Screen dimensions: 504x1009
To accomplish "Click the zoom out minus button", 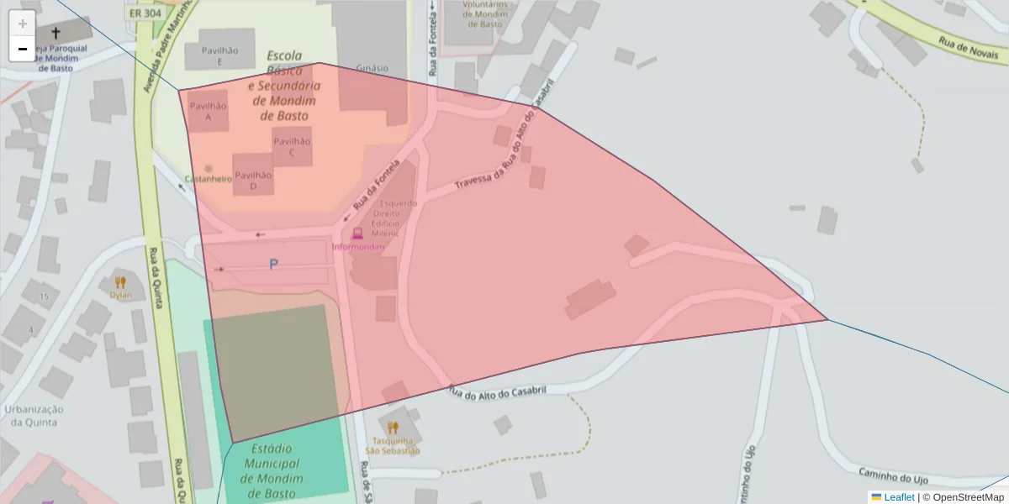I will click(23, 49).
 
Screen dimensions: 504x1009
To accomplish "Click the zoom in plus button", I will click(23, 23).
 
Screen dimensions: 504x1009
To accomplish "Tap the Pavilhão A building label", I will click(208, 112).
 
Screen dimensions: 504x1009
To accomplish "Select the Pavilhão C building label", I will click(292, 147).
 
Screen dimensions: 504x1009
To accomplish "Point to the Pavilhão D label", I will click(253, 181).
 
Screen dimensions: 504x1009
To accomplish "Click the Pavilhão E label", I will click(219, 56).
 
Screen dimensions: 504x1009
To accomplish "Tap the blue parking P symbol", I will click(273, 265).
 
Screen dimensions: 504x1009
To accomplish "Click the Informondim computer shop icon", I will click(357, 234).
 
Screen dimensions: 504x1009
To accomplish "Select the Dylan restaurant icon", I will click(120, 282).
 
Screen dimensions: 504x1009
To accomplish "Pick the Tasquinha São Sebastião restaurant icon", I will click(393, 428).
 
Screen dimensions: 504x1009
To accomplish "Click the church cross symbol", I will click(56, 33).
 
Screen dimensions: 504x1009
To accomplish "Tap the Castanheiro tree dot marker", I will click(209, 168).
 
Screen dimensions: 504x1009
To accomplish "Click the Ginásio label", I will click(372, 68).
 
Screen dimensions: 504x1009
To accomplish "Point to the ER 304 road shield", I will click(145, 13).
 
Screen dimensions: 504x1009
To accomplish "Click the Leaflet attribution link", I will click(898, 497).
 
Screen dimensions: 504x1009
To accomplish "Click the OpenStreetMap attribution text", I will click(968, 497).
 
